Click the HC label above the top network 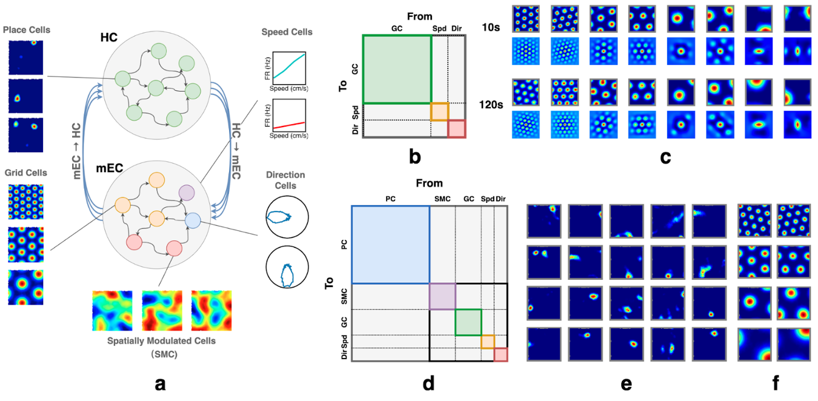click(x=109, y=37)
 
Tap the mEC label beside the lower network click(x=109, y=168)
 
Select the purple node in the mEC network click(x=187, y=193)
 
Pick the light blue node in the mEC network click(x=193, y=220)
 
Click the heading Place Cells click(x=27, y=30)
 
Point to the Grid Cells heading click(x=26, y=173)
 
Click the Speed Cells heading click(x=287, y=32)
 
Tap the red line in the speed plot click(x=289, y=125)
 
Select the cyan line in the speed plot click(x=289, y=66)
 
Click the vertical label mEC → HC click(x=76, y=151)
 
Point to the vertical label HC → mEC click(x=236, y=151)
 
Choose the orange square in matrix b click(x=440, y=111)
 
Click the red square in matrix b click(x=457, y=128)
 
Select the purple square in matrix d click(x=442, y=296)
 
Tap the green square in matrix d click(x=468, y=322)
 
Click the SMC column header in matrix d click(x=442, y=199)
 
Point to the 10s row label click(x=491, y=27)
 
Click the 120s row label click(x=491, y=105)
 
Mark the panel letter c click(x=665, y=157)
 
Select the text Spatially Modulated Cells click(x=161, y=341)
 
